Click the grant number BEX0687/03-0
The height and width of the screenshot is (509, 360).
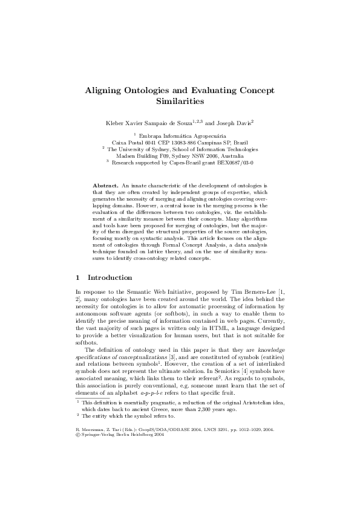tap(234, 162)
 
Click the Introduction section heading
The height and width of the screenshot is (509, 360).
tap(110, 277)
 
